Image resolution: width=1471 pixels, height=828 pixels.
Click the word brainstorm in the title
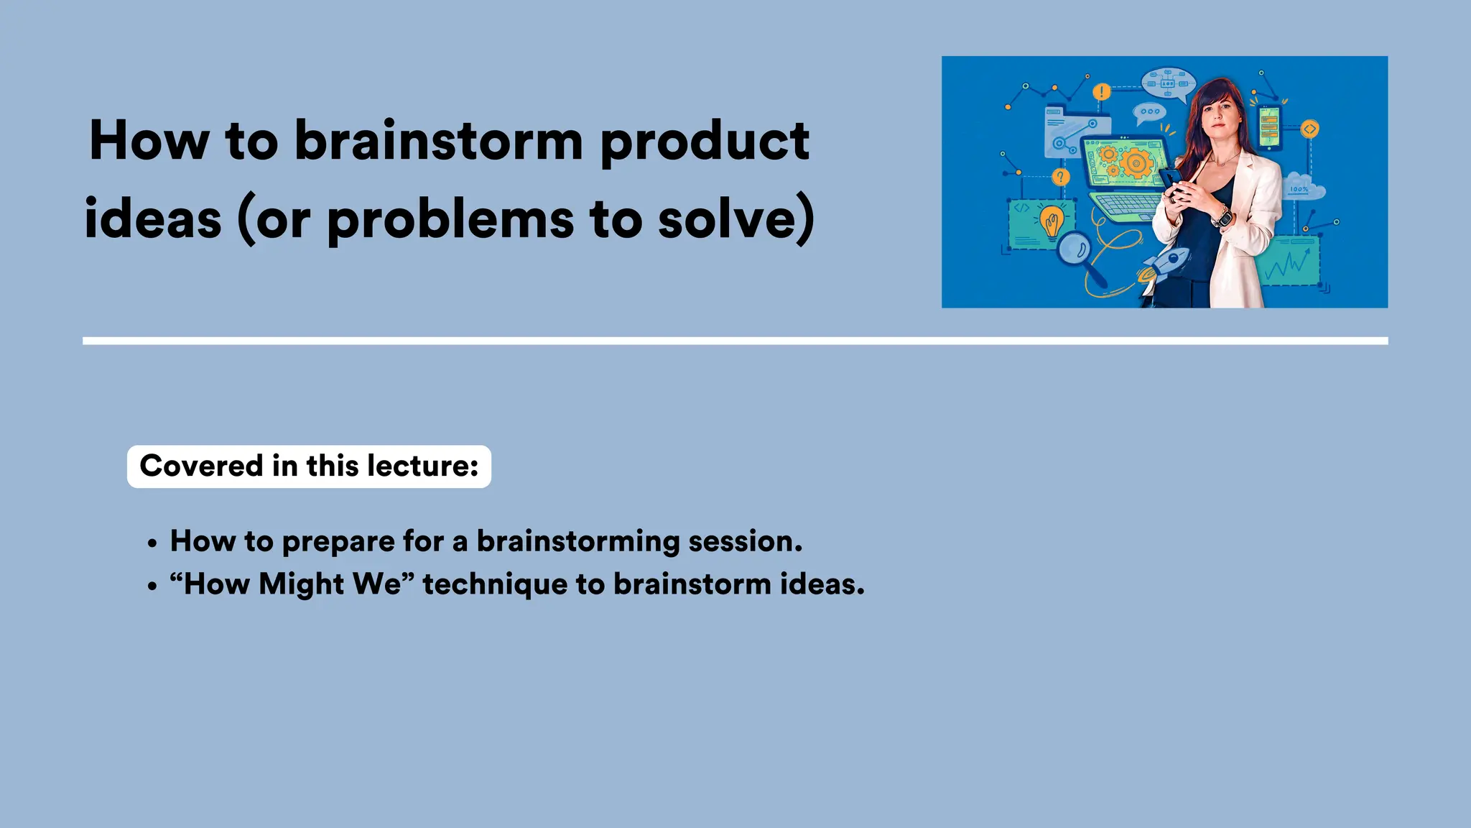pos(438,141)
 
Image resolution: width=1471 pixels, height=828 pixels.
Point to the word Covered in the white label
pos(201,466)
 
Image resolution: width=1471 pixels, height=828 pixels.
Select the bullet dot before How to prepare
pos(152,544)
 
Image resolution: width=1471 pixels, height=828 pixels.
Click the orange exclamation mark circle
pos(1101,92)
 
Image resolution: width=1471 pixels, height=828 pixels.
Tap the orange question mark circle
pos(1060,177)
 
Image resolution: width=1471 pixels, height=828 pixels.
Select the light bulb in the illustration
pos(1052,221)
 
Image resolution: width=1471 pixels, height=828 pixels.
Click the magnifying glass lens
pos(1075,249)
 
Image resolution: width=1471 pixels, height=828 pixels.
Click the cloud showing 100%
pos(1303,187)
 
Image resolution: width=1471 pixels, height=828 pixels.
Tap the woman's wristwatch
pos(1222,216)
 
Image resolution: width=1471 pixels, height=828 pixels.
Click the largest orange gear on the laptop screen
pos(1136,163)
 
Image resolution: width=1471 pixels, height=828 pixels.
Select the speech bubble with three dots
pos(1149,112)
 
